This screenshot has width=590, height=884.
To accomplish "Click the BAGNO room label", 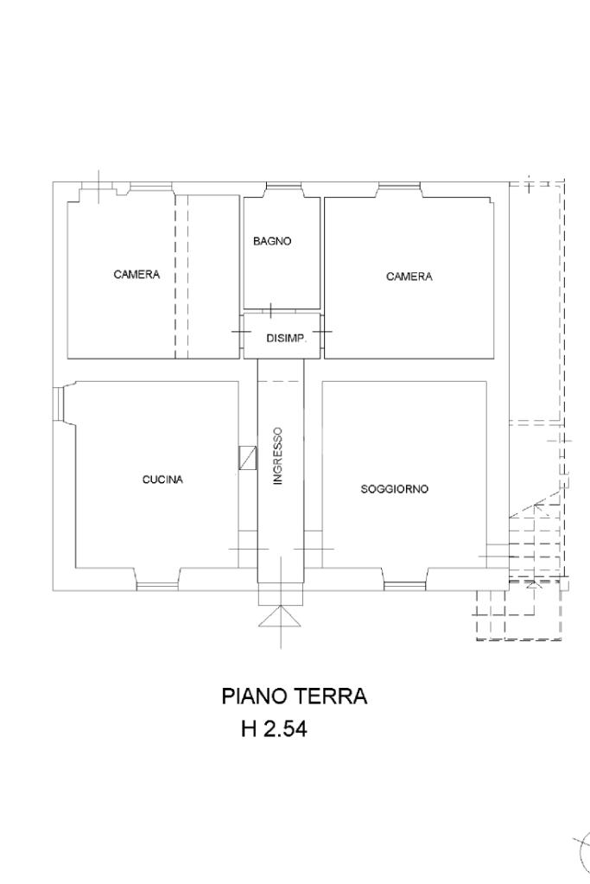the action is tap(272, 241).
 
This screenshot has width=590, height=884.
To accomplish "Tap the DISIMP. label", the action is tap(286, 339).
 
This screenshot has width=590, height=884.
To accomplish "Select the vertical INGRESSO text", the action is tap(278, 456).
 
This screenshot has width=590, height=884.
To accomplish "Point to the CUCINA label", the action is tap(163, 480).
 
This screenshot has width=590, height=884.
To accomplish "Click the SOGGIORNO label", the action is tap(395, 489).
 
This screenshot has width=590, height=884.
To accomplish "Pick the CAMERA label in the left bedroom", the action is tap(137, 275).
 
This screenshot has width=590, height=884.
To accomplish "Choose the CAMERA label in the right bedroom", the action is tap(409, 277).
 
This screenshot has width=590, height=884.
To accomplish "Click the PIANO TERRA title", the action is tap(295, 696).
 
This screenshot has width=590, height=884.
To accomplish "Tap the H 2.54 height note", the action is tap(275, 729).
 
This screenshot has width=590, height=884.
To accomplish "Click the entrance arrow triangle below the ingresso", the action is tap(280, 615).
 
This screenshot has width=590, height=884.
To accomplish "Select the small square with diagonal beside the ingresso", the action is tap(247, 458).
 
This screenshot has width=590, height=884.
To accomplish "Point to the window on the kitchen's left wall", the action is tap(59, 404).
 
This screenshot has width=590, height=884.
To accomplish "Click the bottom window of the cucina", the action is tap(157, 587).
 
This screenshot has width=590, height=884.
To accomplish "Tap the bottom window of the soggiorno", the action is tap(404, 587).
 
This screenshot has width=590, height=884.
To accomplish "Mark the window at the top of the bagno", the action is tap(284, 186).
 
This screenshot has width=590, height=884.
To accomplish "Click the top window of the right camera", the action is tap(399, 186).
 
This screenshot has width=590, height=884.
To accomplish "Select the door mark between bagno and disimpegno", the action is tap(271, 310).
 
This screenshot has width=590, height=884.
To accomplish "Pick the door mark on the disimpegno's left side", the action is tap(242, 332).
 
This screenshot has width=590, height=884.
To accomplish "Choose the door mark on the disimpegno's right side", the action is tap(322, 332).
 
